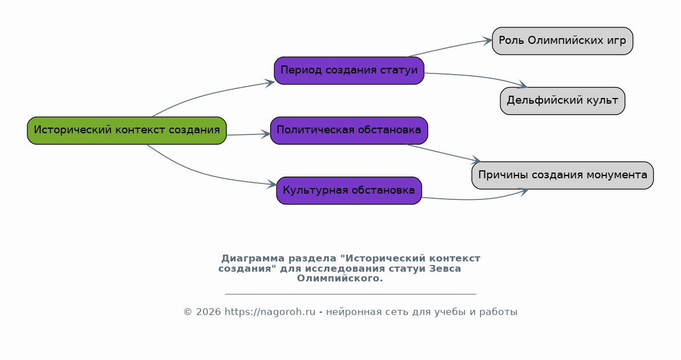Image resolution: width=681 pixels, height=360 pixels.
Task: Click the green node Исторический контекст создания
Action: tap(127, 130)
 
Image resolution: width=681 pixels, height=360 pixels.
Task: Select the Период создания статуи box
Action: tap(349, 71)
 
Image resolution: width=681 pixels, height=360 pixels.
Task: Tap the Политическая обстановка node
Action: tap(349, 130)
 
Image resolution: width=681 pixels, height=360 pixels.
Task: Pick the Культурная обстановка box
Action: tap(349, 190)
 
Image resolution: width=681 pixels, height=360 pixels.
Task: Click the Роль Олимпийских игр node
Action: tap(562, 41)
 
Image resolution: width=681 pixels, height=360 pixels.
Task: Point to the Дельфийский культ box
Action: tap(562, 101)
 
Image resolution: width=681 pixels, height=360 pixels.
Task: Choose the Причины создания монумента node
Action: tap(562, 175)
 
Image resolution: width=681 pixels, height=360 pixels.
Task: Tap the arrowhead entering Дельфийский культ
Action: tap(523, 84)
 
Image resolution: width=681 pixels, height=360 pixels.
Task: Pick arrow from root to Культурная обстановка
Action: tap(204, 174)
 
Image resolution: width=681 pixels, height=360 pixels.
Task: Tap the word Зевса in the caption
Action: tap(445, 268)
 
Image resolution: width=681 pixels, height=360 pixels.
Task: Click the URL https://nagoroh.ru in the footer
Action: tap(270, 312)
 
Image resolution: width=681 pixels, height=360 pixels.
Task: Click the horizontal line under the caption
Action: tap(350, 294)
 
